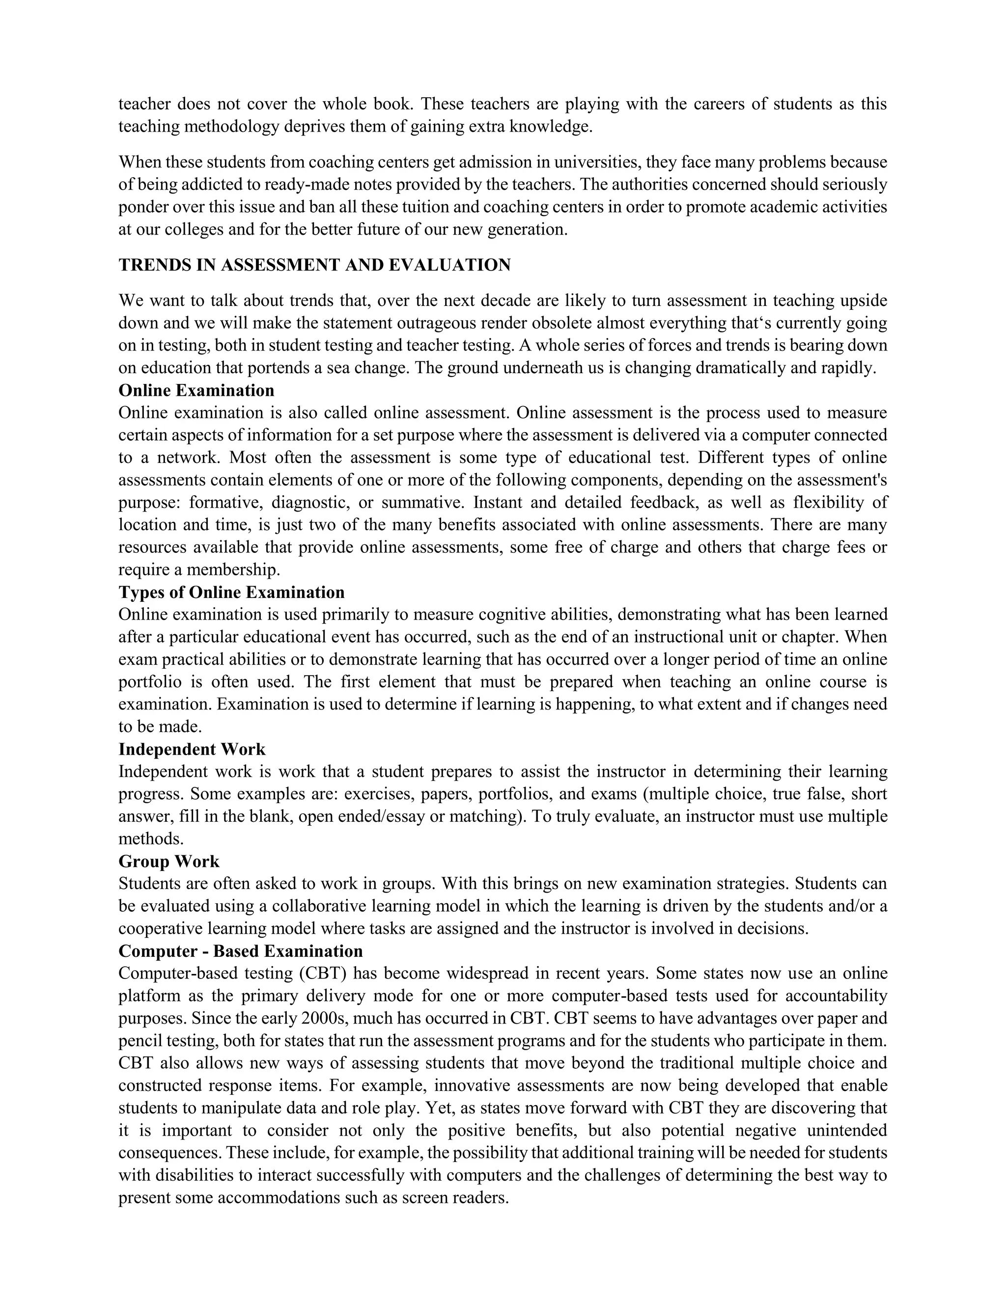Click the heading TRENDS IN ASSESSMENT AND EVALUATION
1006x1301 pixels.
pyautogui.click(x=315, y=266)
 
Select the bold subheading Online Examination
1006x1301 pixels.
pyautogui.click(x=196, y=391)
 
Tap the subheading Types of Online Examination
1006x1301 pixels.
pyautogui.click(x=231, y=593)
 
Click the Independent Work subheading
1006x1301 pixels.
pyautogui.click(x=192, y=749)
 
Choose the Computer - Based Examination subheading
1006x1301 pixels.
pyautogui.click(x=240, y=951)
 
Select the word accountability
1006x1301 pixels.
pyautogui.click(x=838, y=996)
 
